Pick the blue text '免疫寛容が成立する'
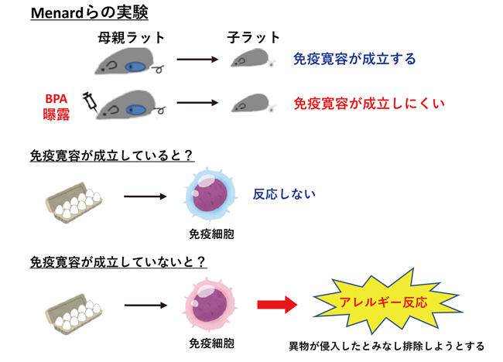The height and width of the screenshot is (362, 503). tap(354, 59)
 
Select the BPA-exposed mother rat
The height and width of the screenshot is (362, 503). tap(128, 104)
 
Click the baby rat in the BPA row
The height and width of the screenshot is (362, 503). tap(254, 104)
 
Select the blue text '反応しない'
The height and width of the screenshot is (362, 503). tap(284, 194)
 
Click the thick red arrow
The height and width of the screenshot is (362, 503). tap(276, 305)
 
